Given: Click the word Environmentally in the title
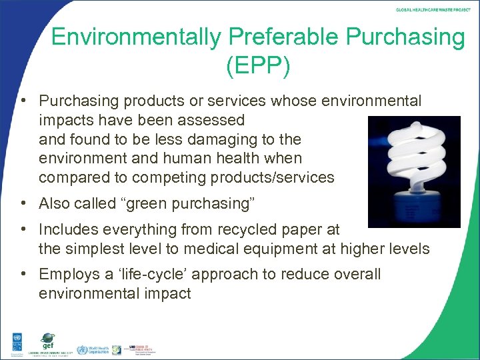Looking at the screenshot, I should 133,37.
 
